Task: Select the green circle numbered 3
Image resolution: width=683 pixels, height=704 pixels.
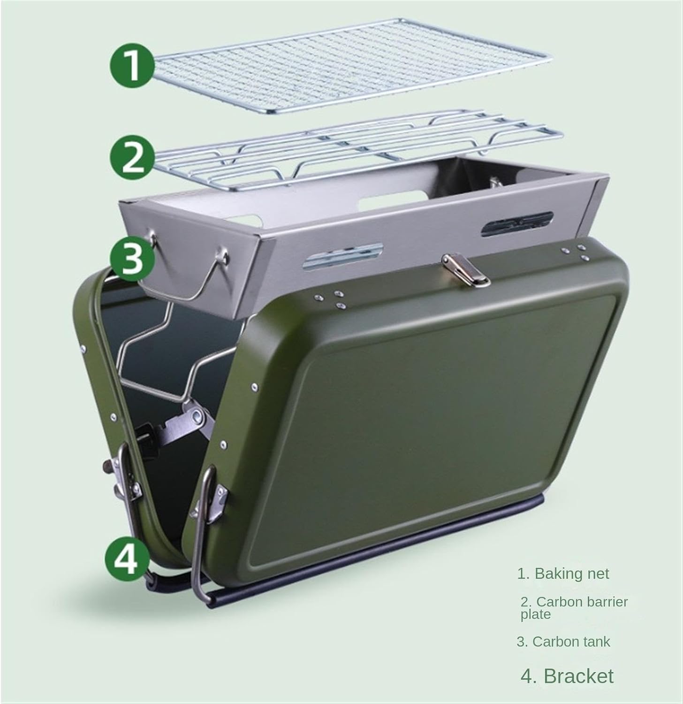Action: pyautogui.click(x=133, y=258)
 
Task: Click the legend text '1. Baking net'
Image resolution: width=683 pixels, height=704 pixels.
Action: pyautogui.click(x=563, y=574)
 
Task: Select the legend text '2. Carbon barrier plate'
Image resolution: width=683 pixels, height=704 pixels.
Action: pyautogui.click(x=574, y=607)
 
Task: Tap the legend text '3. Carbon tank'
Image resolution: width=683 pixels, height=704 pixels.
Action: pyautogui.click(x=563, y=642)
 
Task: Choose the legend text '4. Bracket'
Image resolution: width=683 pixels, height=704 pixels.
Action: pyautogui.click(x=567, y=676)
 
